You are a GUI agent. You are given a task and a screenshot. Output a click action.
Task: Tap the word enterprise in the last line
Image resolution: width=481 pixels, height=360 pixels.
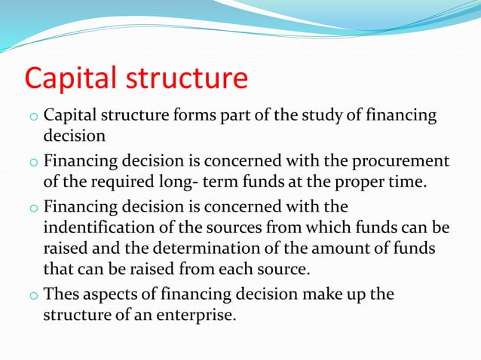(x=198, y=316)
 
